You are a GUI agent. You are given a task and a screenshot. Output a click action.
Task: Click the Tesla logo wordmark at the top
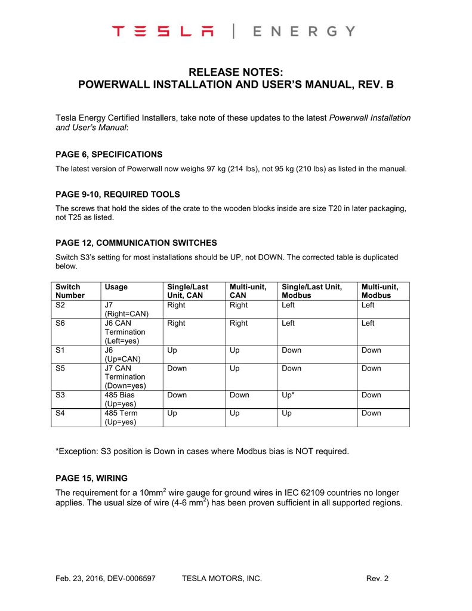(x=166, y=32)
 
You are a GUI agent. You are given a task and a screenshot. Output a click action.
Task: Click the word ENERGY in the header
(x=304, y=32)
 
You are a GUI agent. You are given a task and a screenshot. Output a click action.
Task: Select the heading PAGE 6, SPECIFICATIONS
(x=109, y=155)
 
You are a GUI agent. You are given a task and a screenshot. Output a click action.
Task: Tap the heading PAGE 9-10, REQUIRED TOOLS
(x=118, y=194)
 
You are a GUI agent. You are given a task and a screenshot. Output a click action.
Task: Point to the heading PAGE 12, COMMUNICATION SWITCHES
(x=136, y=243)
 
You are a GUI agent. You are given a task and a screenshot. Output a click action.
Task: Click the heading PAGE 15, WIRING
(x=91, y=478)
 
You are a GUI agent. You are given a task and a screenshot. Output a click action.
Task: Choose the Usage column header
(x=116, y=287)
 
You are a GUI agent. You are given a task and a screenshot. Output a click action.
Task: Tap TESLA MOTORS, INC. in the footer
(x=221, y=578)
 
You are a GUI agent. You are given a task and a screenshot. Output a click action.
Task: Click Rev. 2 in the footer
(x=377, y=578)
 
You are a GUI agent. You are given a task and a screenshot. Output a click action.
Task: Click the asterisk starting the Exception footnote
(x=57, y=450)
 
